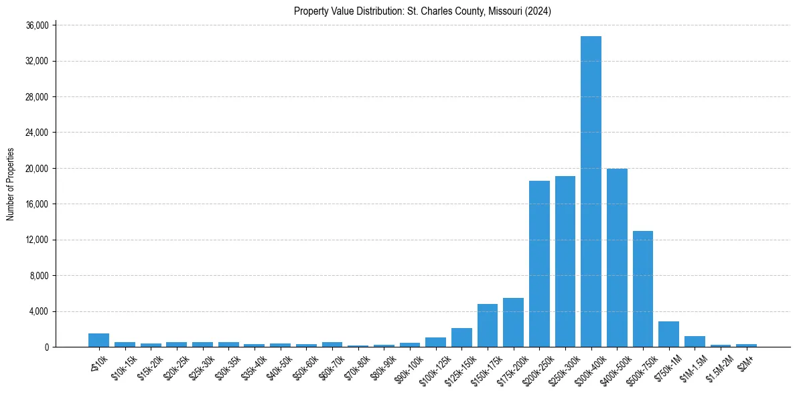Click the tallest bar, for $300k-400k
(x=591, y=191)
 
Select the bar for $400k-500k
(x=617, y=258)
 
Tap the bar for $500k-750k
(x=643, y=289)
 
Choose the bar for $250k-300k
(x=565, y=261)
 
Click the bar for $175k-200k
(x=513, y=323)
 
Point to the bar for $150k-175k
(x=488, y=325)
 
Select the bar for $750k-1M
(x=668, y=334)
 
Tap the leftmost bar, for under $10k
(x=98, y=340)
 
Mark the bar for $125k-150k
(x=461, y=337)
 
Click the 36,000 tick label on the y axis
(x=37, y=25)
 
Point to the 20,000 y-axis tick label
(x=37, y=168)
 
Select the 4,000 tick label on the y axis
(x=39, y=311)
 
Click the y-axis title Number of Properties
(x=10, y=184)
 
